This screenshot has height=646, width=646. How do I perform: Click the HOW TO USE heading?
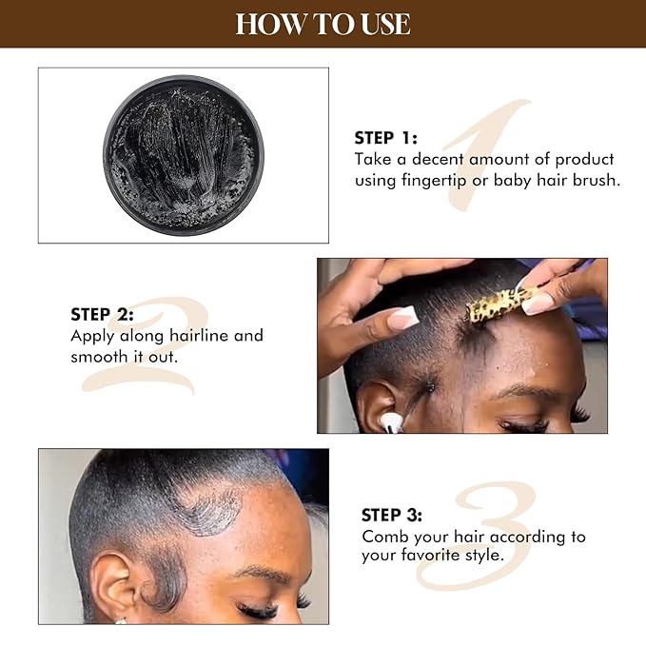pos(323,23)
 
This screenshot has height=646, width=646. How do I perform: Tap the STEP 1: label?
pos(386,137)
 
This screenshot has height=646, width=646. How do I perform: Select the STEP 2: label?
pos(102,314)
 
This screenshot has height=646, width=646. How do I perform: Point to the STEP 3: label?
pos(392,515)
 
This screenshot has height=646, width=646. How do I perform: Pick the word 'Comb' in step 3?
pos(383,537)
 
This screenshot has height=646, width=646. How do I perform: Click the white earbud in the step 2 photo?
pos(391,421)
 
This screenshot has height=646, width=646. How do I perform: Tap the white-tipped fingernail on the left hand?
pos(403,319)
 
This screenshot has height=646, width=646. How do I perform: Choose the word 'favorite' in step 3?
pos(431,556)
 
